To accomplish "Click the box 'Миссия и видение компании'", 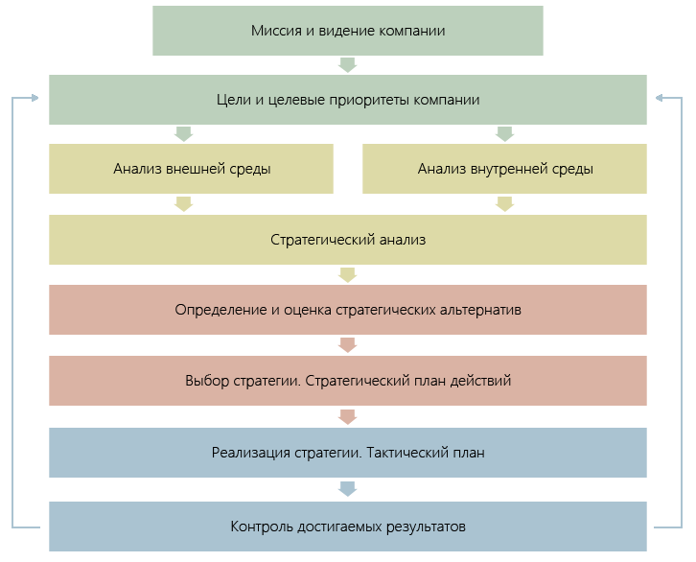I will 348,31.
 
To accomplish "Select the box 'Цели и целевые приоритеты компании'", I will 348,100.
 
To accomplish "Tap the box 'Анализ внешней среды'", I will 192,169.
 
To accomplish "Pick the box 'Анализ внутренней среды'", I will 505,169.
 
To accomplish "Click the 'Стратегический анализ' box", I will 348,240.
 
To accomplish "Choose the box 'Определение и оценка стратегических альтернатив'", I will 348,310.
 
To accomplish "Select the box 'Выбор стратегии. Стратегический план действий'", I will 348,380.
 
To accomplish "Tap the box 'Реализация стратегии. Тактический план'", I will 348,452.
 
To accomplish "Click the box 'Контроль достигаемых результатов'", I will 348,526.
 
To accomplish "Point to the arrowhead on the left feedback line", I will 34,99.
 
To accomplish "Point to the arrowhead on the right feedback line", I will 661,99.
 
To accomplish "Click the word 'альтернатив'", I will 480,310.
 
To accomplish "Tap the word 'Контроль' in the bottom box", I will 260,526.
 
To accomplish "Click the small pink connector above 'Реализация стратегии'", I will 347,416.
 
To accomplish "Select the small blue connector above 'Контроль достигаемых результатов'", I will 347,488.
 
